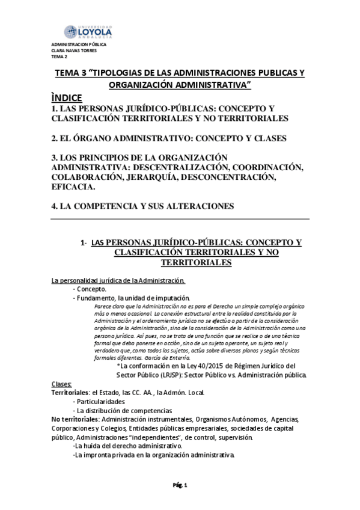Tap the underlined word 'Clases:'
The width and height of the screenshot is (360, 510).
tap(62, 384)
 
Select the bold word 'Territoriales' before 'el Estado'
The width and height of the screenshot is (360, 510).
tap(70, 393)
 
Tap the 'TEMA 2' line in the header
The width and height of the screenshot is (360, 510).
tap(59, 57)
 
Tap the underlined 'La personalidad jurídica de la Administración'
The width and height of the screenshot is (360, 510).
tap(118, 280)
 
